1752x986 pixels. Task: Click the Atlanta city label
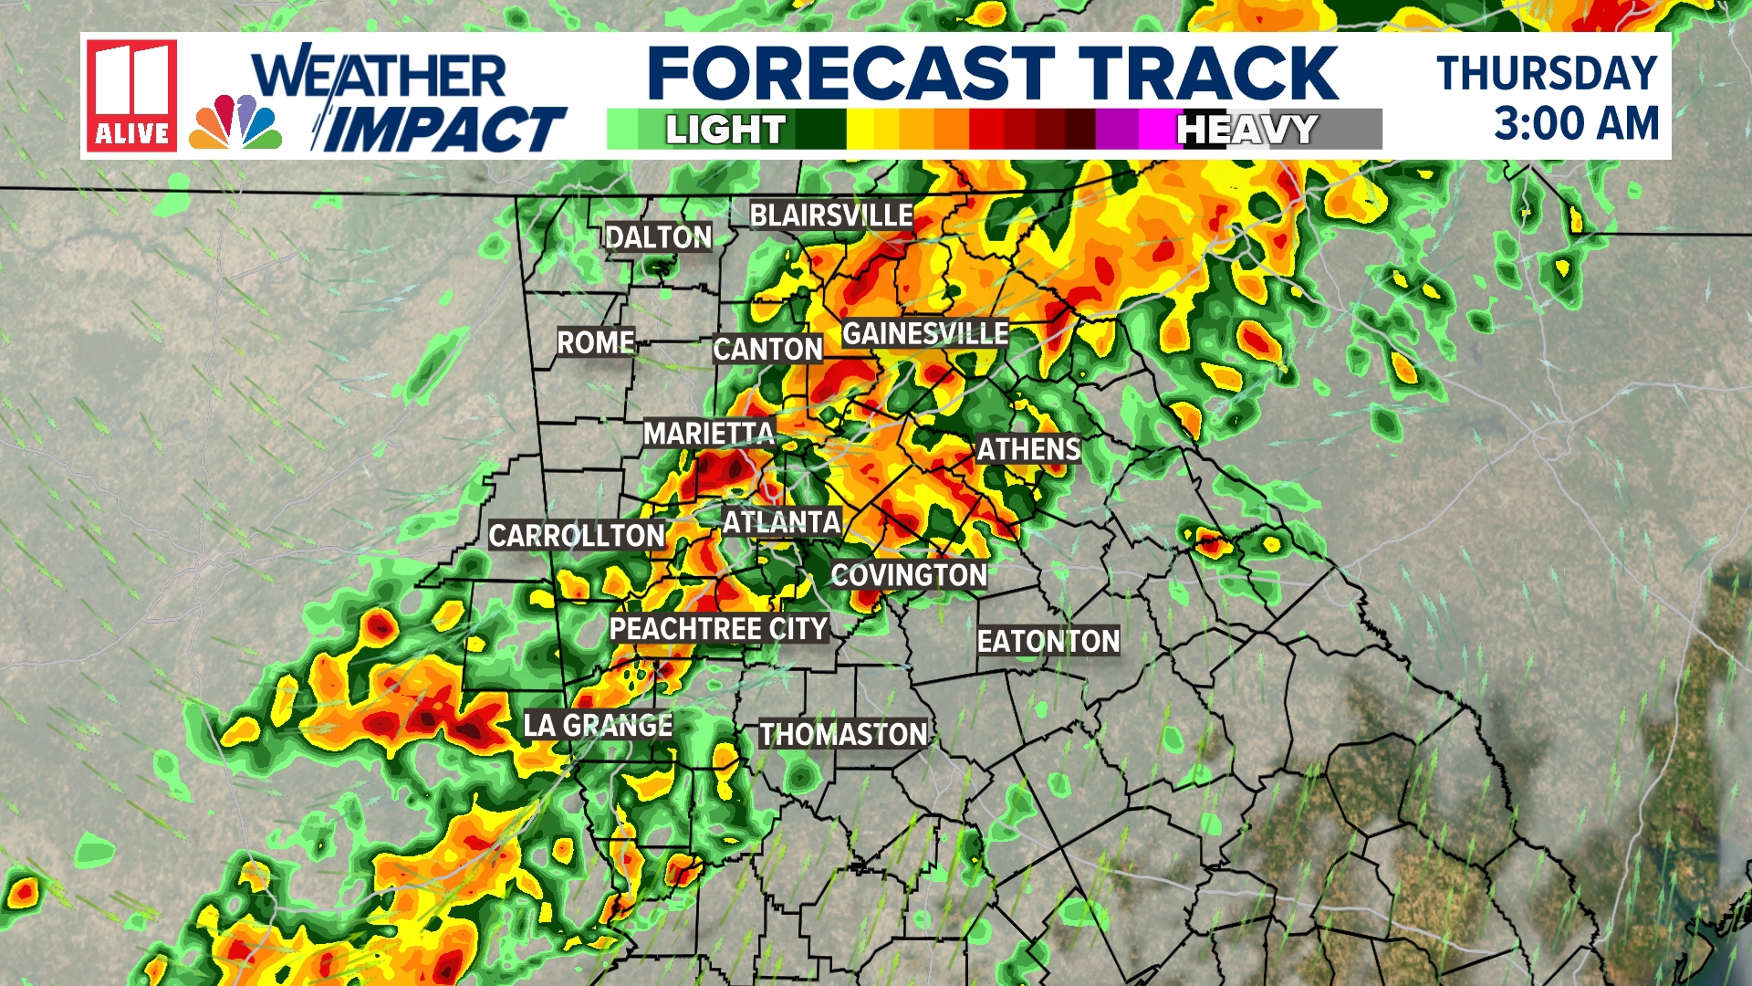point(781,522)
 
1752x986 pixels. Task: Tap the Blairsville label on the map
point(830,215)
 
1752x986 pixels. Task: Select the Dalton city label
point(658,237)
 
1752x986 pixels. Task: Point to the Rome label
point(596,342)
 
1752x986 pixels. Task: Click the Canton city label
point(767,349)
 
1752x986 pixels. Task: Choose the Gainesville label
point(924,333)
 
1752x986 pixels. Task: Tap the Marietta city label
point(708,433)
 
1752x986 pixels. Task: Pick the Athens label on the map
point(1028,449)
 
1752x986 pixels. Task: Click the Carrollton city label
point(577,535)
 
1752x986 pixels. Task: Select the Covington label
point(909,575)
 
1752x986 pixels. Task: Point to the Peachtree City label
point(718,629)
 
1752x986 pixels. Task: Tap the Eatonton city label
point(1048,641)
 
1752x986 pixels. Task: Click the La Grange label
point(598,725)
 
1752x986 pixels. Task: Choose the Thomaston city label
point(843,734)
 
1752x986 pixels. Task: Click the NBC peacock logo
point(235,122)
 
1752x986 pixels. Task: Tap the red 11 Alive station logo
point(131,95)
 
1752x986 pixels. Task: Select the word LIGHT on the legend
point(725,130)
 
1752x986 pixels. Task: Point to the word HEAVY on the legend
point(1246,130)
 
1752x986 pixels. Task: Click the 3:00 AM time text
point(1576,123)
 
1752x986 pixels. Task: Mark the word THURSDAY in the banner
point(1547,73)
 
